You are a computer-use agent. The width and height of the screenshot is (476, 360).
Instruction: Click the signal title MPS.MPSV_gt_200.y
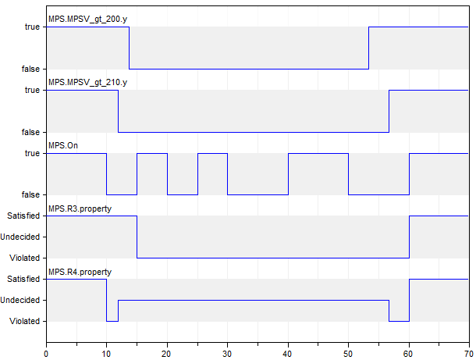(x=87, y=19)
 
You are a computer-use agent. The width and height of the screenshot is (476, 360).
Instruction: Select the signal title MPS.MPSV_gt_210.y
(x=87, y=82)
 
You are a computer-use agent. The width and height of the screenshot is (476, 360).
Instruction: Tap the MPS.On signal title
(x=63, y=145)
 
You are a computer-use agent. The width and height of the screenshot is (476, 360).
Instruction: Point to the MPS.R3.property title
(x=80, y=209)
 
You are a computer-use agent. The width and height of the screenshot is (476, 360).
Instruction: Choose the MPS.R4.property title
(x=80, y=272)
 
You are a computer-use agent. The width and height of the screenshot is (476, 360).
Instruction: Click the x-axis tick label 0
(x=46, y=353)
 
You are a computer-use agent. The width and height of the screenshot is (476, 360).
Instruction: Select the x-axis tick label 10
(x=106, y=353)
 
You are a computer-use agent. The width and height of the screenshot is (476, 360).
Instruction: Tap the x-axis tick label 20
(x=167, y=353)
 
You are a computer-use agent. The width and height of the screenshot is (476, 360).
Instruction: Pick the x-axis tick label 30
(x=227, y=353)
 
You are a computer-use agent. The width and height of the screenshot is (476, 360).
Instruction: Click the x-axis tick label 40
(x=288, y=353)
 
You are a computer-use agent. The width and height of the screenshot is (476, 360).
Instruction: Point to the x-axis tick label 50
(x=348, y=353)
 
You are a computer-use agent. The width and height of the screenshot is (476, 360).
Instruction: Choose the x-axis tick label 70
(x=468, y=353)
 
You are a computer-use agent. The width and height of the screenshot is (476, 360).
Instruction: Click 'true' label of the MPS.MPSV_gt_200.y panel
(x=32, y=27)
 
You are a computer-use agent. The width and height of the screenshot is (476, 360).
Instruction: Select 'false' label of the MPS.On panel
(x=30, y=194)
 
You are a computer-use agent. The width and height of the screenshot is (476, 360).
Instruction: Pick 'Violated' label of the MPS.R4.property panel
(x=25, y=321)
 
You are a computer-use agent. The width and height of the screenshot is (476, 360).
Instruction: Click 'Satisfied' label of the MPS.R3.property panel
(x=24, y=216)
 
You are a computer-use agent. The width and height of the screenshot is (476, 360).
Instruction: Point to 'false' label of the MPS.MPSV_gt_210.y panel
(x=30, y=132)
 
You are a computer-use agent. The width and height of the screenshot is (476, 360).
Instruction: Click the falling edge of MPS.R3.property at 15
(x=137, y=237)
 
